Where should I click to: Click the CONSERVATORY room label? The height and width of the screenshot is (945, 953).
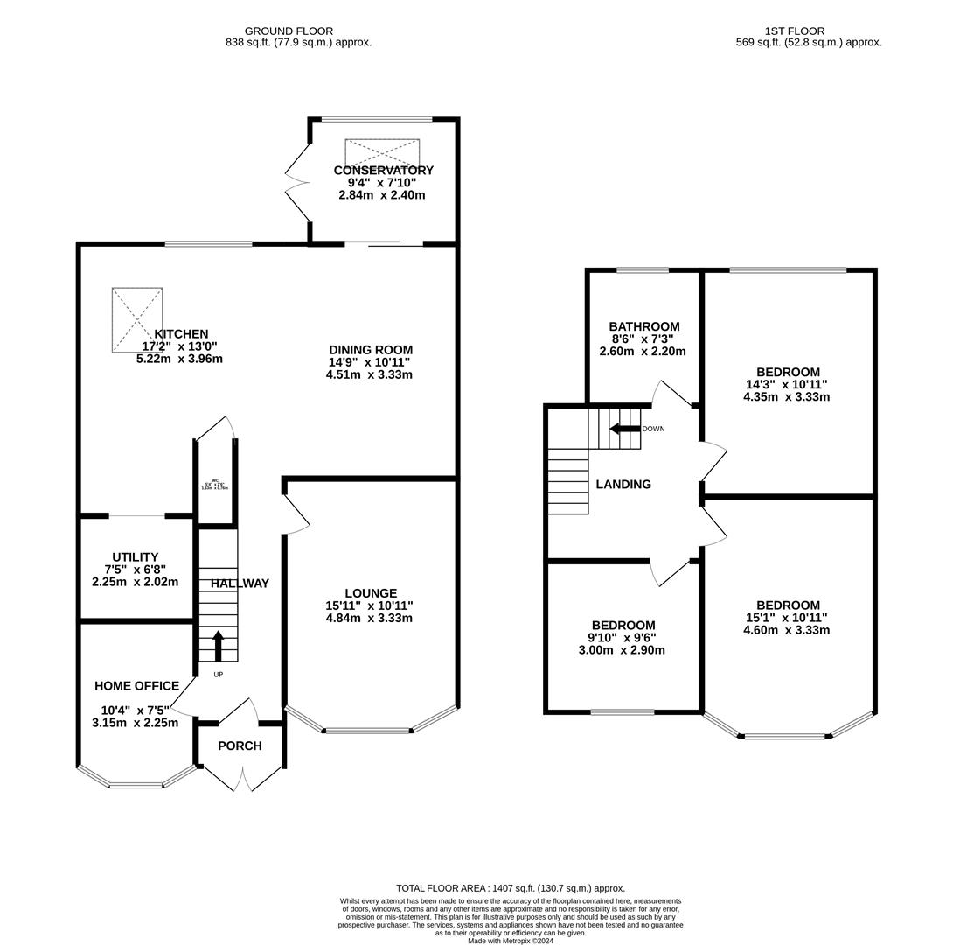pos(383,171)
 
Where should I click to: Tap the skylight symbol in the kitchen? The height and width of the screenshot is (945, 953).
pos(137,319)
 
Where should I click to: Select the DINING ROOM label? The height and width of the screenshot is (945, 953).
pos(371,350)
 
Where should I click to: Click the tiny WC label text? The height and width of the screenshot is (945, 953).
pos(215,480)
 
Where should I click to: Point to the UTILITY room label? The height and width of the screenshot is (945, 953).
pos(136,557)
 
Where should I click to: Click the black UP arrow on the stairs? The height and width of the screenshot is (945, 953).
pos(219,645)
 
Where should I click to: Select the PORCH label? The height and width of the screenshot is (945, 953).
pos(240,745)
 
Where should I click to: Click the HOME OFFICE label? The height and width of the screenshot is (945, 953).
pos(137,686)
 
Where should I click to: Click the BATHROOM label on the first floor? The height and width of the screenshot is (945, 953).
pos(644,326)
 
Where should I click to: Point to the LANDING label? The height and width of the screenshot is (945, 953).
pos(623,484)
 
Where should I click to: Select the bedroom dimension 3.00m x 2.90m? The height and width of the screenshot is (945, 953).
pos(622,650)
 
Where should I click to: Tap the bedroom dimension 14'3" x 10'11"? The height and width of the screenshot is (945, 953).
pos(786,384)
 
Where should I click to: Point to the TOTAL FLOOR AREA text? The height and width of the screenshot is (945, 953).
pos(511,887)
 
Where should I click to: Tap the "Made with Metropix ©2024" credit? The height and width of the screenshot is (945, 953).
pos(511,941)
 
